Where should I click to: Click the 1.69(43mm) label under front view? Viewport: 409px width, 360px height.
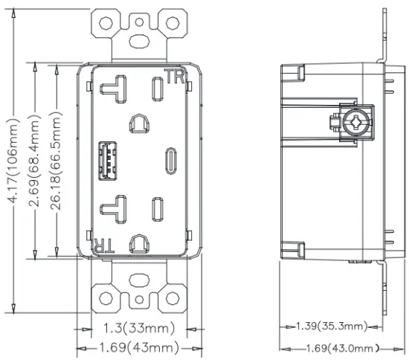137,347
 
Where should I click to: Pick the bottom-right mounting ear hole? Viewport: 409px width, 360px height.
173,299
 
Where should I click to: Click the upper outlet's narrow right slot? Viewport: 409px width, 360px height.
158,88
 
